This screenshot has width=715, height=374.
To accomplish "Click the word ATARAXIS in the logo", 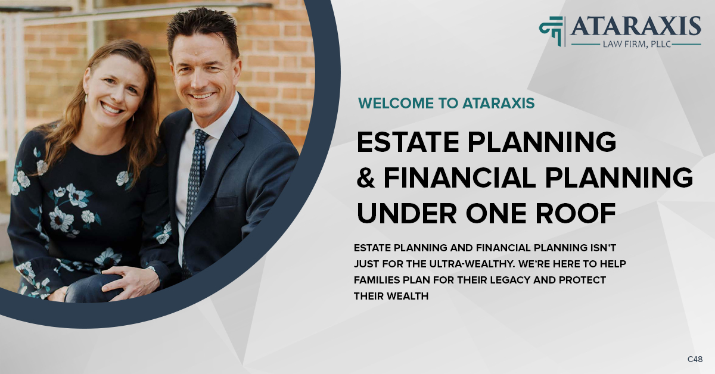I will point(636,26).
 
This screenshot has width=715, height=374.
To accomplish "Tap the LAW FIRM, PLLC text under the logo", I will point(635,43).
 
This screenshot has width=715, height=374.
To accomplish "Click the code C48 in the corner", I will point(695,359).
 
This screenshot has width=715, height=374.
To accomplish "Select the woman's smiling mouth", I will point(111,108).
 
